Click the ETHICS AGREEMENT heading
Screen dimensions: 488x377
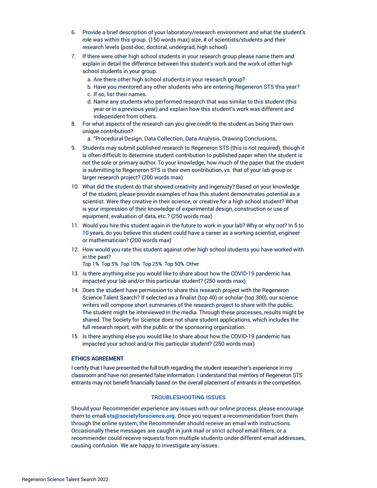97,358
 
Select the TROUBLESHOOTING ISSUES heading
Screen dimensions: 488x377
188,397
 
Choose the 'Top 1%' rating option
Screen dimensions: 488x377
91,264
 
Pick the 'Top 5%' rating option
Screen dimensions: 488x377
109,264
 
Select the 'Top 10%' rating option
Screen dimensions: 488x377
130,264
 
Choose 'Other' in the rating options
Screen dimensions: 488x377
193,264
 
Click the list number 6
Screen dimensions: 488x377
73,32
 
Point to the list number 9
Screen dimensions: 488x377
73,148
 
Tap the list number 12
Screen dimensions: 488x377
75,250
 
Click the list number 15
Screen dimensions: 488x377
75,336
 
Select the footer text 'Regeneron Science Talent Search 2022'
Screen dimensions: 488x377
65,479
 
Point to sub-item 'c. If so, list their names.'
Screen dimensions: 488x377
120,94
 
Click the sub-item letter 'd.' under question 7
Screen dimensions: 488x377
90,102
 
